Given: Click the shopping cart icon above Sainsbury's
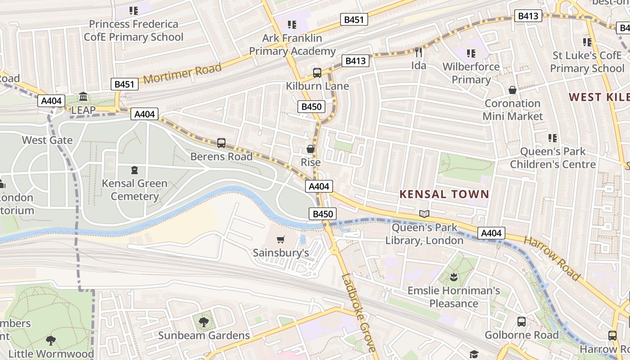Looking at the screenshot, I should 281,239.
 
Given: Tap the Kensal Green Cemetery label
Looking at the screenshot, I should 135,190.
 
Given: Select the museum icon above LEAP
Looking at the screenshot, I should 83,97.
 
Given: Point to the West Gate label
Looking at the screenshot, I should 47,140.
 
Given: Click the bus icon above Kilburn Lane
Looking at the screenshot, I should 317,73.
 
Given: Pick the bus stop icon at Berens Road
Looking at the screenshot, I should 221,143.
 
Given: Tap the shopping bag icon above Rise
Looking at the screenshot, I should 310,149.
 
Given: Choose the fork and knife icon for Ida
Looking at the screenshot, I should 418,53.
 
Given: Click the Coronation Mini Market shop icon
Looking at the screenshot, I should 512,90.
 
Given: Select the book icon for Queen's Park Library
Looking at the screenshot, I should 424,214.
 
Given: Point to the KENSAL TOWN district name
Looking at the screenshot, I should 444,194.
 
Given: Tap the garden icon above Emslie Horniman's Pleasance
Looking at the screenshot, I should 454,277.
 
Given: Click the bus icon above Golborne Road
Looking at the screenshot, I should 522,322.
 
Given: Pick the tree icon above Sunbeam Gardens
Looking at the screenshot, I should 203,322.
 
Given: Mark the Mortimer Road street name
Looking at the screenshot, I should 183,73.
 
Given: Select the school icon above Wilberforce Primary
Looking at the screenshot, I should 471,54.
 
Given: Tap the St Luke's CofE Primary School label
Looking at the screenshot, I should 587,62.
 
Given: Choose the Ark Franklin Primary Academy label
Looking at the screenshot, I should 292,45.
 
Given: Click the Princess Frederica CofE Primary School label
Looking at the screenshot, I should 134,31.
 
